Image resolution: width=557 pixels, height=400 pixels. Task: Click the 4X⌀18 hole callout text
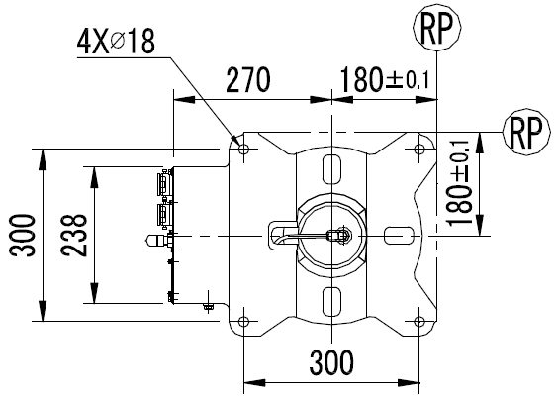(116, 42)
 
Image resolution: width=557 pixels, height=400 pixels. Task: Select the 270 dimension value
(248, 79)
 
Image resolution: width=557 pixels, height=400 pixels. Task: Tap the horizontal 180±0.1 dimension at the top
(385, 79)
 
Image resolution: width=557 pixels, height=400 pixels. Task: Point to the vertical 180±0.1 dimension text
(459, 183)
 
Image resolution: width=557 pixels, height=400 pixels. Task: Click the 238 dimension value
(74, 236)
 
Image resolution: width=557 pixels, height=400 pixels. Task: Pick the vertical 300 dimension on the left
(23, 236)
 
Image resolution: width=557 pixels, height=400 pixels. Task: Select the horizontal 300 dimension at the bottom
(331, 362)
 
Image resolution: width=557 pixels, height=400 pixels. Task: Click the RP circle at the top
(437, 27)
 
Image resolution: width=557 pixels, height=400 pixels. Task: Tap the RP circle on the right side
(526, 132)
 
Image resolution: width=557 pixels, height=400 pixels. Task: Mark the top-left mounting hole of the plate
(243, 149)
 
